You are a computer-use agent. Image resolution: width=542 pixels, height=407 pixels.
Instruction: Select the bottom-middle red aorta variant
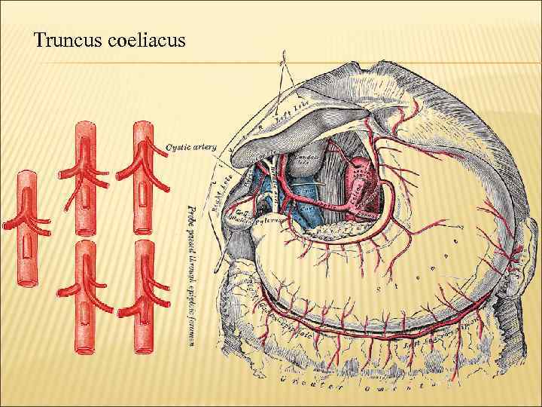coord(87,298)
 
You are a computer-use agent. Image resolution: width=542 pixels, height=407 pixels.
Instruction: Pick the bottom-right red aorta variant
coord(143,298)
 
